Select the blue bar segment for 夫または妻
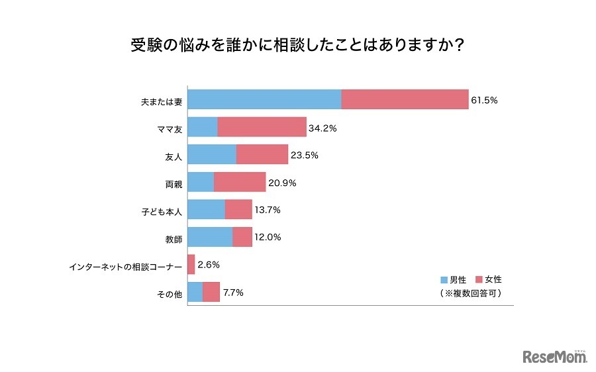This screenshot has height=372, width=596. tap(265, 100)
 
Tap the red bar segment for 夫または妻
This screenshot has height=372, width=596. tap(405, 100)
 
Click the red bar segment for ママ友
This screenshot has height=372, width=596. tap(262, 128)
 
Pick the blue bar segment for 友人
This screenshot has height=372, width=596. tap(212, 155)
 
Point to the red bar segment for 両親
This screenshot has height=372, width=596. tap(239, 182)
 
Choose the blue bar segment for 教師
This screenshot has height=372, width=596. tap(210, 237)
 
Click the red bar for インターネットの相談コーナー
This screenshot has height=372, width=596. tap(191, 265)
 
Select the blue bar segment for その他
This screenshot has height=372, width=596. tap(195, 292)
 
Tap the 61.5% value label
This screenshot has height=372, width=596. tap(484, 101)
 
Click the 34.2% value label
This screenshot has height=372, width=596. tap(323, 128)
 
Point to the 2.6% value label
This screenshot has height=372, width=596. tap(209, 265)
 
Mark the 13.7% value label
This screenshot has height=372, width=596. tap(268, 210)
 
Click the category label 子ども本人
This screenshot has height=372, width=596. tap(162, 211)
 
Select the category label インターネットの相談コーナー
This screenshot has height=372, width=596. tap(126, 266)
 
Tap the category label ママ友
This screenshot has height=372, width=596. tap(171, 128)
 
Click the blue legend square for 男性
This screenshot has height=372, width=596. tap(444, 280)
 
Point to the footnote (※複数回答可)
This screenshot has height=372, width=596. tap(470, 293)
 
